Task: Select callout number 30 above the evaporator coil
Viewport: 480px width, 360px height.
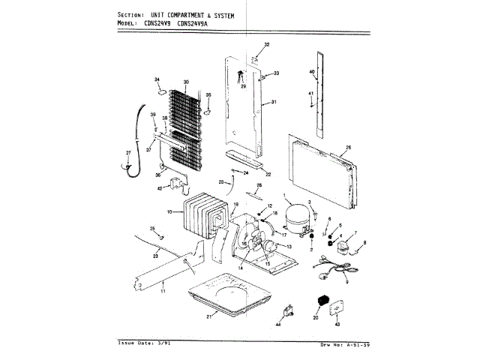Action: (x=185, y=81)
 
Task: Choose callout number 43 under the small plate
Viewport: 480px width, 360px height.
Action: (x=337, y=324)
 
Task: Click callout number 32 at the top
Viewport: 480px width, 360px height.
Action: (x=266, y=45)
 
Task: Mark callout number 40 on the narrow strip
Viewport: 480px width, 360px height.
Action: (x=311, y=72)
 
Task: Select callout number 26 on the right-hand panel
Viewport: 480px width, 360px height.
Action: (x=348, y=147)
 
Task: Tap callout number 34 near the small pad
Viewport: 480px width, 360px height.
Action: (x=157, y=79)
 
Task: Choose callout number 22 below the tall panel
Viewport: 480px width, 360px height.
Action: (x=268, y=175)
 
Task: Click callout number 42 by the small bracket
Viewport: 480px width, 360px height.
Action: (x=159, y=188)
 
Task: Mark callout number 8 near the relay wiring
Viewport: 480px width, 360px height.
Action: (x=364, y=242)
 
